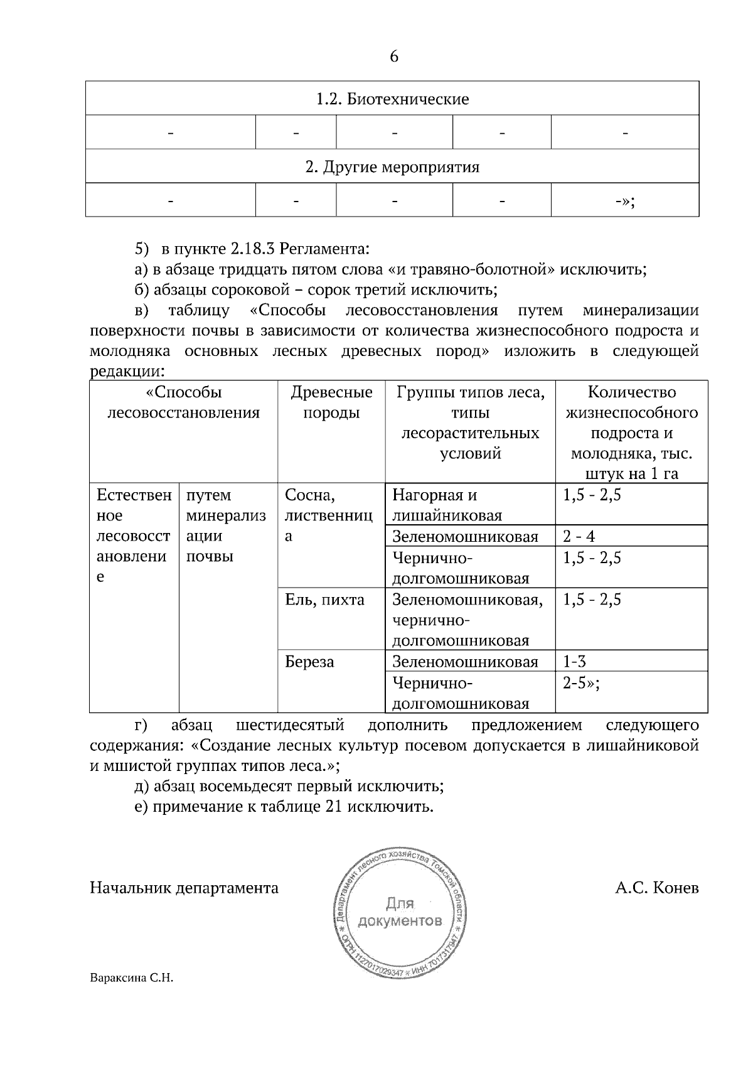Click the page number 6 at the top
coord(393,57)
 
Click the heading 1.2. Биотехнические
coord(392,99)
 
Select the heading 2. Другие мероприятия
coord(392,167)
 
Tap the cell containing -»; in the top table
coord(624,201)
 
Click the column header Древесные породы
coord(331,402)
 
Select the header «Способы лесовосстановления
coord(183,402)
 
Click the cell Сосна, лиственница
coord(328,515)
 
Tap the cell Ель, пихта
coord(324,600)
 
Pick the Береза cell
coord(309,662)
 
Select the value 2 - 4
coord(579,536)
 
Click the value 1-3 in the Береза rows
coord(575,661)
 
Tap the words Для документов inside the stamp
coord(399,913)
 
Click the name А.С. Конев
coord(656,888)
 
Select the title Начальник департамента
coord(184,888)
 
